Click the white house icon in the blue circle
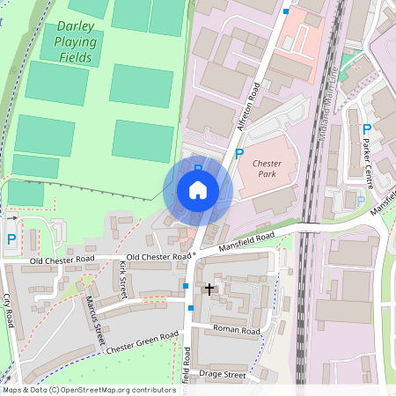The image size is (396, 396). click(x=198, y=189)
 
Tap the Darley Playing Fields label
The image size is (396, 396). click(x=76, y=41)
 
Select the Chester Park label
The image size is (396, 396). click(x=265, y=169)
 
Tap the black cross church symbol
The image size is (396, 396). click(x=209, y=288)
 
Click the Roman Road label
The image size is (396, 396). click(x=238, y=331)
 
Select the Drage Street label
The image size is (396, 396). click(x=224, y=374)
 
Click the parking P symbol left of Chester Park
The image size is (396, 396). click(x=239, y=154)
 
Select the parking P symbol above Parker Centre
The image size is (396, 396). click(x=366, y=129)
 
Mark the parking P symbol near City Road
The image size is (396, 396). click(x=11, y=238)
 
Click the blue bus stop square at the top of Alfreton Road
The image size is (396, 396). click(x=286, y=11)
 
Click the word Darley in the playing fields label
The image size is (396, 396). click(x=76, y=26)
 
